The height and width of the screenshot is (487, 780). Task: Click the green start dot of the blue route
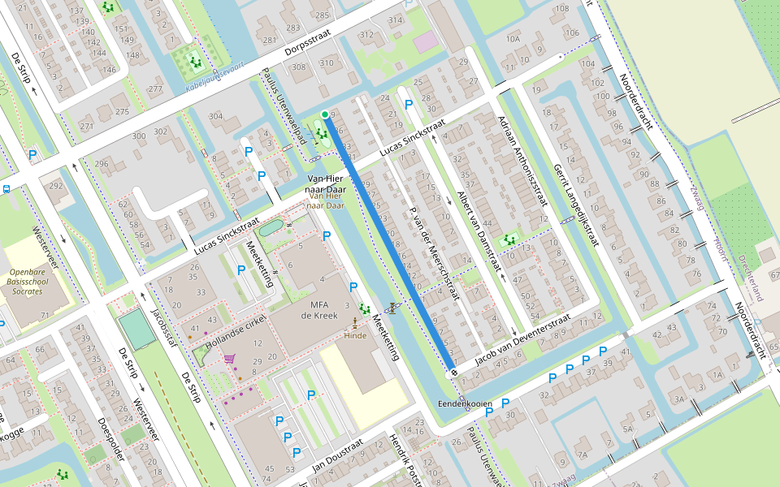(325, 114)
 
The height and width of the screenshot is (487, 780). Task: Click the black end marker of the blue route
(453, 372)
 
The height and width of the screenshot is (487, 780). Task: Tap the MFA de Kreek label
(313, 310)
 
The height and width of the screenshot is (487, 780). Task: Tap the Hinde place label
(355, 334)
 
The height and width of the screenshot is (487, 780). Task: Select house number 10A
(513, 38)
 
